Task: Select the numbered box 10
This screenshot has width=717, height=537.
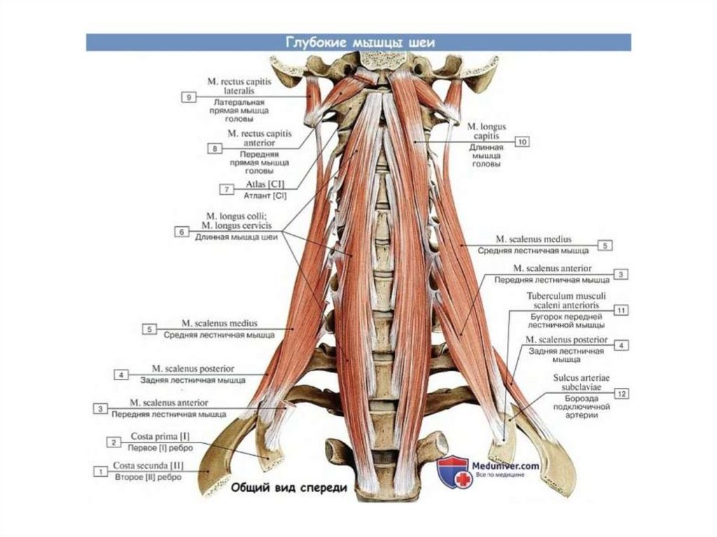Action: point(522,141)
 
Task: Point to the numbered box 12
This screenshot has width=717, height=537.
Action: point(620,393)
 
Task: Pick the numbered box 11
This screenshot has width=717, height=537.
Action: point(620,309)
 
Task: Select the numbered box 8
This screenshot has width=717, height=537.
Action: point(214,148)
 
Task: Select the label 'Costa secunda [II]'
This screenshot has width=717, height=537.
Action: point(150,466)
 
